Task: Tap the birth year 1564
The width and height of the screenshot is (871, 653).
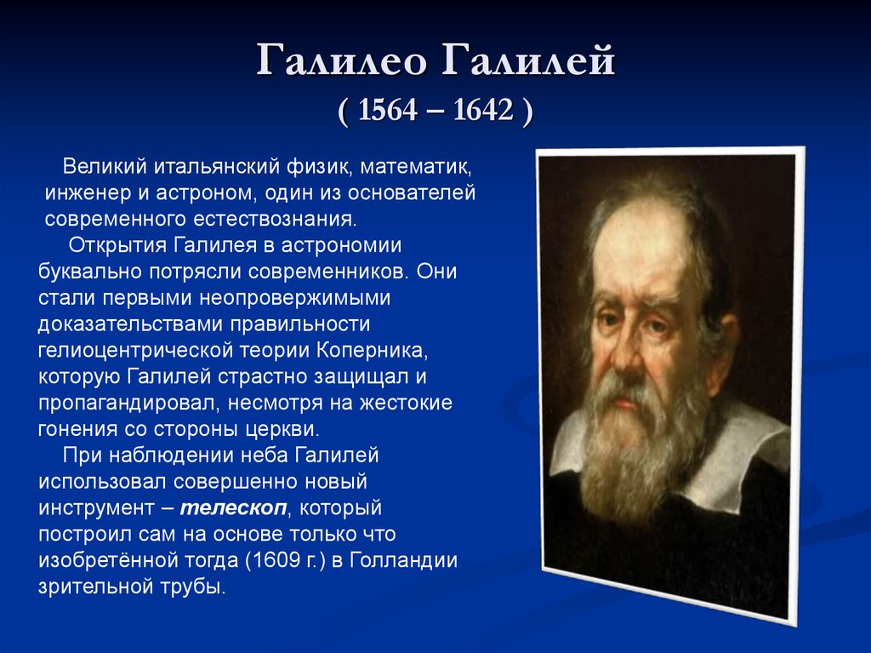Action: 387,110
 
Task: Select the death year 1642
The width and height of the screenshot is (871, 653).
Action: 483,110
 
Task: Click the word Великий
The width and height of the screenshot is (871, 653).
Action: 105,166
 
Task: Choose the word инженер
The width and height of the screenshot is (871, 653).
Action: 88,193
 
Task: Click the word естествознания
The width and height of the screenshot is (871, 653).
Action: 275,219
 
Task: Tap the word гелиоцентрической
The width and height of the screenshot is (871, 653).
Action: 135,351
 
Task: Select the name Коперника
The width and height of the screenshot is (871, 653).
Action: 373,351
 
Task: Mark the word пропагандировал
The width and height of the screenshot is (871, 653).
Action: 129,403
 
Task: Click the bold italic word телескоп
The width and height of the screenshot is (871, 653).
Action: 233,507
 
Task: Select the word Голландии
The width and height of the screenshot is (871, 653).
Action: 404,560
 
